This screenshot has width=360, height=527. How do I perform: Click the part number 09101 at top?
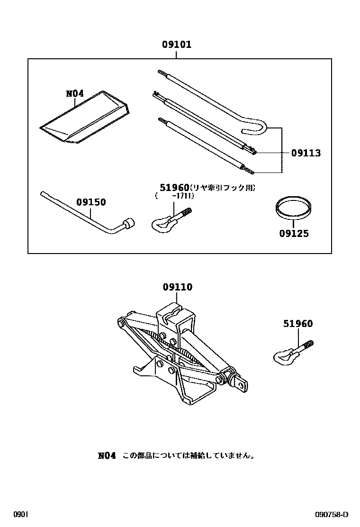[177, 45]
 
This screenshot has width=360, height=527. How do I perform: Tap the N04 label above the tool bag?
[75, 93]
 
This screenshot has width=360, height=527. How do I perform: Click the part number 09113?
[306, 153]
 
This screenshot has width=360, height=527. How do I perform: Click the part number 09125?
[294, 234]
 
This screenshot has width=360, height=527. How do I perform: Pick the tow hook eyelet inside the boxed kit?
[159, 223]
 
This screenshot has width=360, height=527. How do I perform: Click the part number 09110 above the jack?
[178, 287]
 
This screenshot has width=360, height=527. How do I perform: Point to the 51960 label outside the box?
[298, 324]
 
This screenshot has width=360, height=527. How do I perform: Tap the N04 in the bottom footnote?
[107, 455]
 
